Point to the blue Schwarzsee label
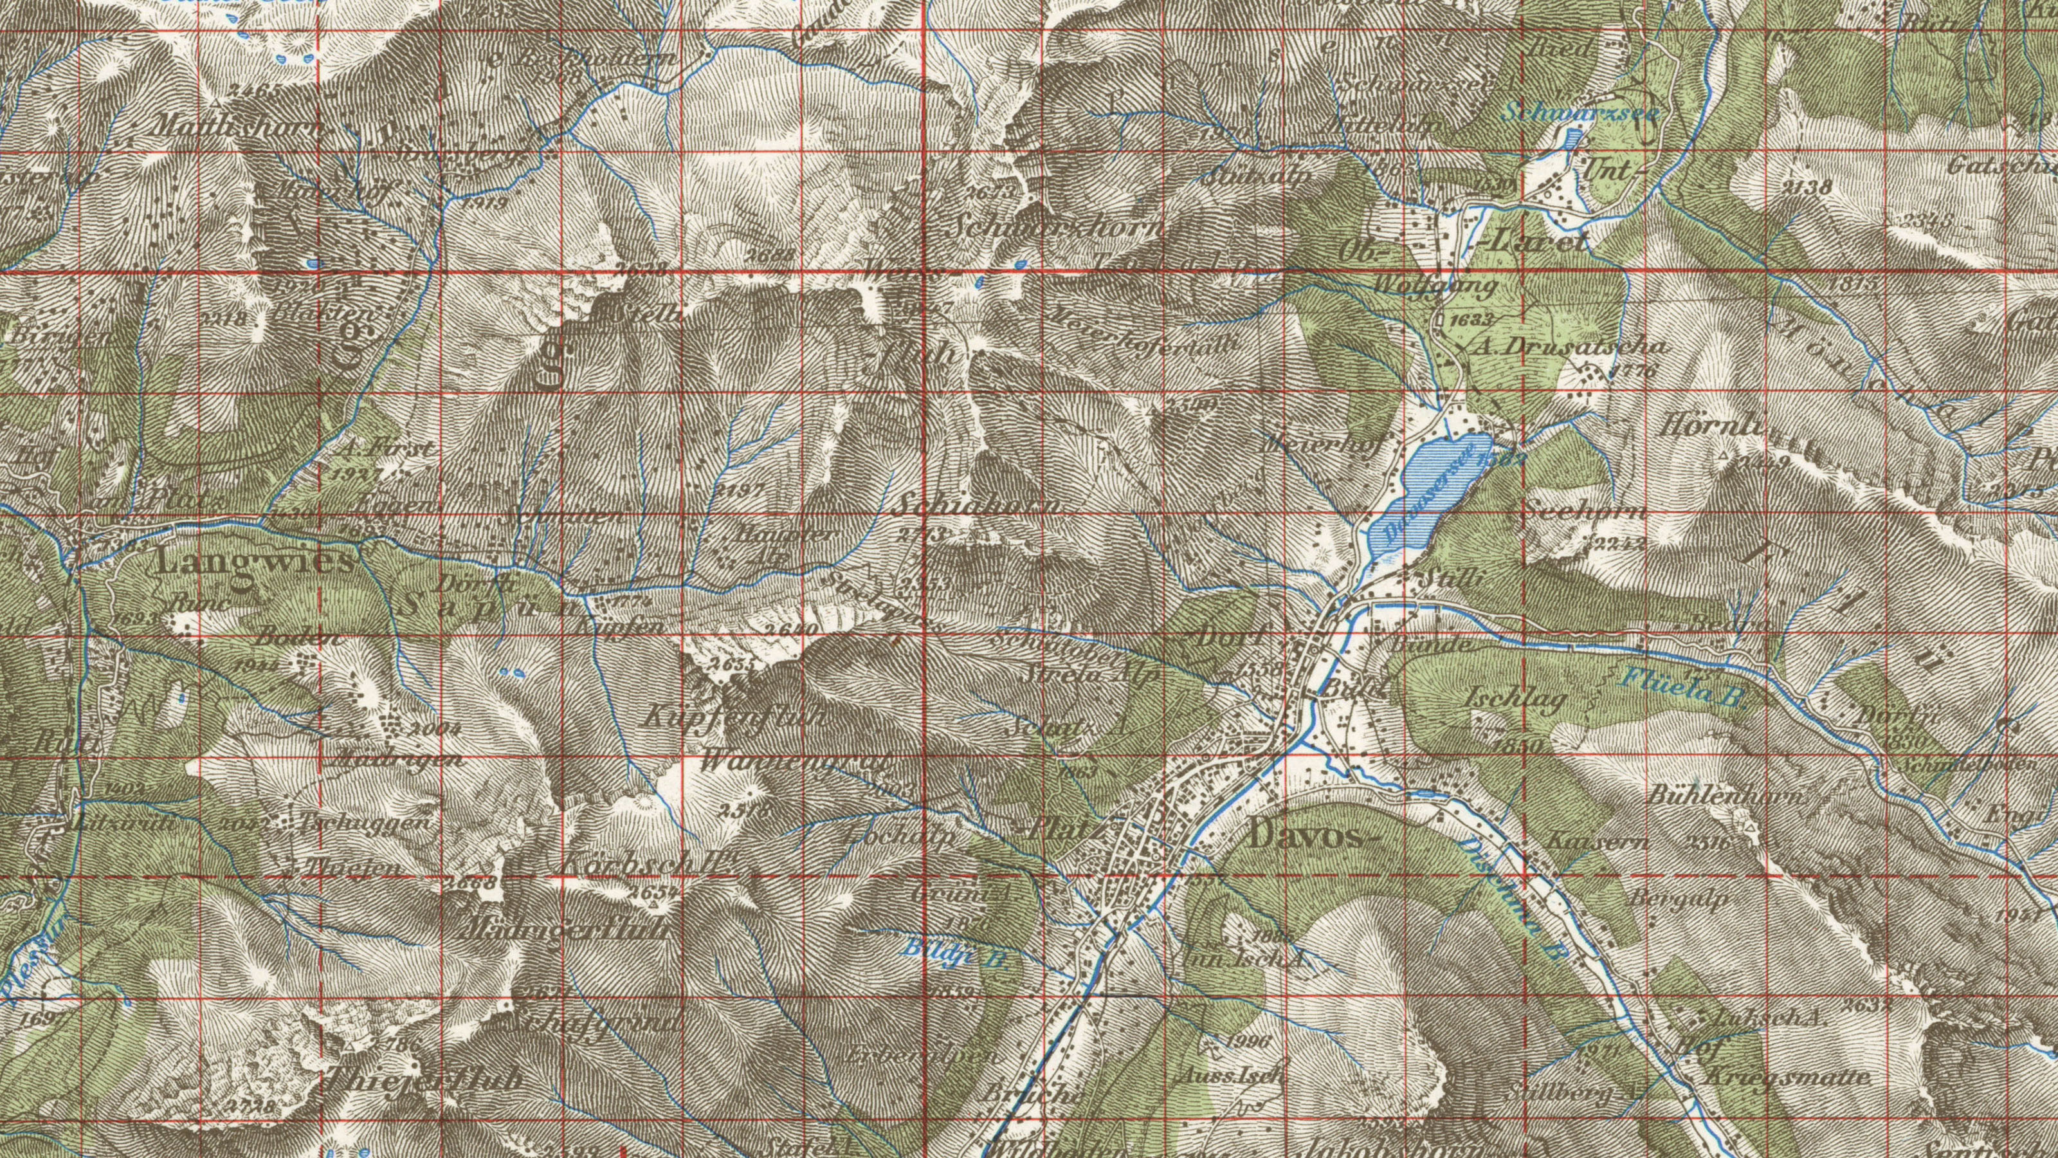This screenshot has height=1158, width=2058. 1580,113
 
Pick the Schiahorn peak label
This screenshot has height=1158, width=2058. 979,506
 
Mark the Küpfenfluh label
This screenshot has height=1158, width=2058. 736,717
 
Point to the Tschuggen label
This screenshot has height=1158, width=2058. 367,822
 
